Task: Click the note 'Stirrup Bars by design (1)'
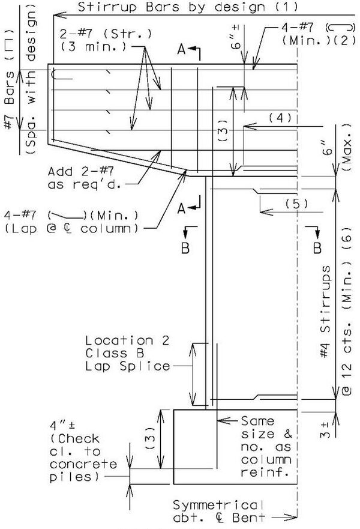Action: point(188,7)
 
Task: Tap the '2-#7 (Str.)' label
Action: point(106,34)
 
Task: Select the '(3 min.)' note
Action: point(94,46)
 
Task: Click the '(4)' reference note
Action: point(280,118)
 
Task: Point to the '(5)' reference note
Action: point(296,204)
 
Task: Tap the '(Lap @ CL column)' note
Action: point(71,228)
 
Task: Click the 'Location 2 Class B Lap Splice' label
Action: point(127,353)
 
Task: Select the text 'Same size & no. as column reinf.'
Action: point(266,447)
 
